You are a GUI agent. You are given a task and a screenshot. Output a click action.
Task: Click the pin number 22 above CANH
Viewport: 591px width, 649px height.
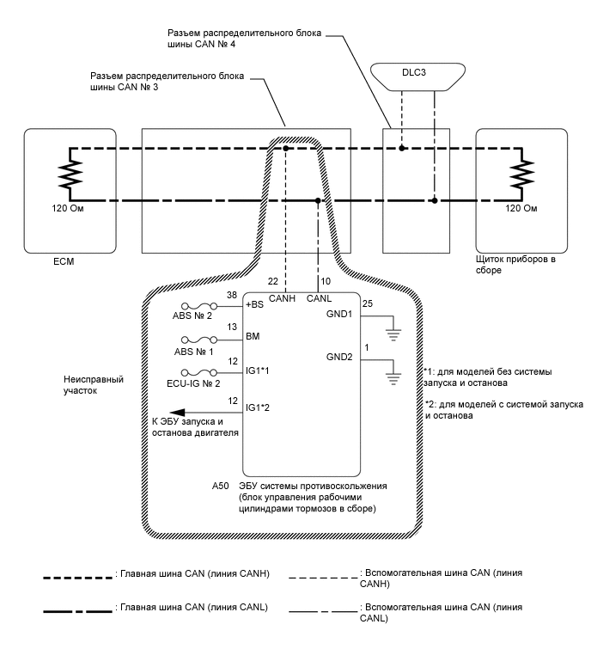click(273, 282)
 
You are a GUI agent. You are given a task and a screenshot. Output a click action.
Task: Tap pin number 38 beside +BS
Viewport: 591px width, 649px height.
click(231, 295)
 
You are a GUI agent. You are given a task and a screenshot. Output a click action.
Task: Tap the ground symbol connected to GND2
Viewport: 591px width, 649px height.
click(393, 374)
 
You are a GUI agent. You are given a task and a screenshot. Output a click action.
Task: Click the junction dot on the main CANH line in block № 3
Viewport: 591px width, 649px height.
click(286, 149)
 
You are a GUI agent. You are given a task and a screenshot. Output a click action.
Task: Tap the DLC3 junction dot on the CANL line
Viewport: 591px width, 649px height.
click(435, 201)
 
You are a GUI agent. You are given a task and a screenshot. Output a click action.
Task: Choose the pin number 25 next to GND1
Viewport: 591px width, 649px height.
click(368, 304)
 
